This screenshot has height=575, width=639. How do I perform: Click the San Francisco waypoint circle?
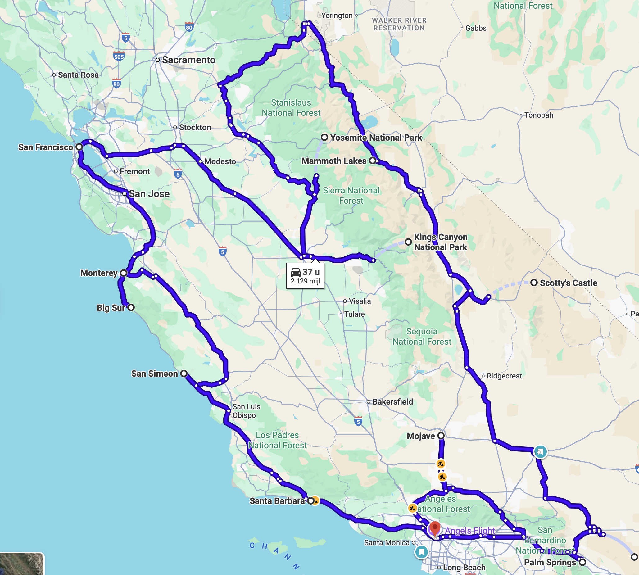coord(79,147)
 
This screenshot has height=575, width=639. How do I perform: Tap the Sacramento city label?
coord(188,60)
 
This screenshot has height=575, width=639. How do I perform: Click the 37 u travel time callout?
coord(305,276)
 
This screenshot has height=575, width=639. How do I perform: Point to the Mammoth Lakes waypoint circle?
coord(373,161)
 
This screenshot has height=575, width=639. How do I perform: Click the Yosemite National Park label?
coord(376,138)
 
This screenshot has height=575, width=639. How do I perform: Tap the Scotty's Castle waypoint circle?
coord(534,283)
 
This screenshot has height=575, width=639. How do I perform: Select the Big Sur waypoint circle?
coord(131,307)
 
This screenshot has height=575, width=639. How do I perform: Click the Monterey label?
coord(99,273)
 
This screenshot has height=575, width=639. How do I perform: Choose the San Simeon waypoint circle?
coord(184,374)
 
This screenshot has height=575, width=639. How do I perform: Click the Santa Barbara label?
coord(277,501)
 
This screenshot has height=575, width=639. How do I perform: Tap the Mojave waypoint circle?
coord(441,436)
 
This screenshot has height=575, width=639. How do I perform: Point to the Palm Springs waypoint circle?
coord(582,562)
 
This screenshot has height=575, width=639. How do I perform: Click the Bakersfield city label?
coord(392,402)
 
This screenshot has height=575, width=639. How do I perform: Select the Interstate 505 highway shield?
coord(119,57)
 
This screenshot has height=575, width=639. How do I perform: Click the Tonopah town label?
coord(538,115)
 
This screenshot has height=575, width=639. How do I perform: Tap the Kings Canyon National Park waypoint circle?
coord(408,242)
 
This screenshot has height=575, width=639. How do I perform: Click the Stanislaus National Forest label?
coord(291,108)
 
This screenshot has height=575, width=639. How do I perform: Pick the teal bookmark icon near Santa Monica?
coord(421,552)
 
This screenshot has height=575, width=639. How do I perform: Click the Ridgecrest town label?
coord(504,376)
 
